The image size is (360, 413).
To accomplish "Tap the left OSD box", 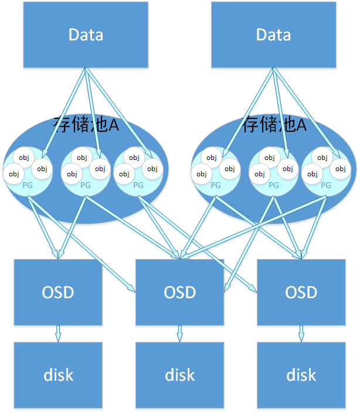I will click(57, 291).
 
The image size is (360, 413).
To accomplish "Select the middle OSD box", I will click(179, 291).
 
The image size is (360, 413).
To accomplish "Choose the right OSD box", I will click(301, 291).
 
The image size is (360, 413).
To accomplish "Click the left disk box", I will click(57, 374).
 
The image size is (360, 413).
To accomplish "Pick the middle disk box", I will click(179, 374).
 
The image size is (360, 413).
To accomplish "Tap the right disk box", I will click(301, 374).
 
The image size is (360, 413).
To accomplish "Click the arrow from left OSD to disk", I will click(57, 333).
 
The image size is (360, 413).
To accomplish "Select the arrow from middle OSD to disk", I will click(179, 333).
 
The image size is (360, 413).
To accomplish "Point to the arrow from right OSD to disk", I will click(301, 333).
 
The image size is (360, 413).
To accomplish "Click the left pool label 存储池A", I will click(86, 125).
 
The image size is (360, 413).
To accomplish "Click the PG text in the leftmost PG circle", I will click(27, 185).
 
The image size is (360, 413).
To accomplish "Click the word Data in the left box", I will click(86, 35).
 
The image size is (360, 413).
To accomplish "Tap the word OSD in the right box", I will click(301, 292).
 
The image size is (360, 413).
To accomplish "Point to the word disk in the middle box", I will click(179, 375).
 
